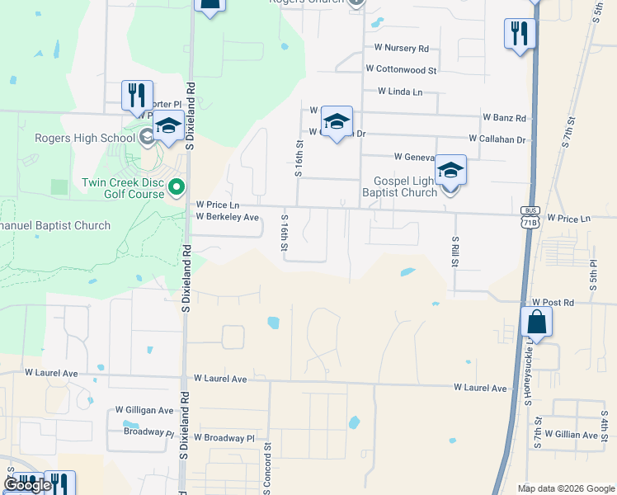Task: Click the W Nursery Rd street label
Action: pyautogui.click(x=401, y=49)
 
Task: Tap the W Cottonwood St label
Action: pyautogui.click(x=401, y=70)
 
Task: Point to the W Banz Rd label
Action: pyautogui.click(x=504, y=118)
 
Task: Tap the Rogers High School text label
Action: pyautogui.click(x=84, y=138)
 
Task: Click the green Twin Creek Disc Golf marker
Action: pyautogui.click(x=176, y=189)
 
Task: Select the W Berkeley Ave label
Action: pyautogui.click(x=227, y=217)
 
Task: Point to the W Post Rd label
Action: pyautogui.click(x=552, y=303)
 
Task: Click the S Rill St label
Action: pyautogui.click(x=455, y=251)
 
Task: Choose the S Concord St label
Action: pyautogui.click(x=268, y=468)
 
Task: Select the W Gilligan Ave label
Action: pyautogui.click(x=144, y=409)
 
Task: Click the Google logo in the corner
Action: pyautogui.click(x=27, y=485)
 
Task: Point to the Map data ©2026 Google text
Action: pyautogui.click(x=565, y=488)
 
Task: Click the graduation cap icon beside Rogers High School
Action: pyautogui.click(x=168, y=125)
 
